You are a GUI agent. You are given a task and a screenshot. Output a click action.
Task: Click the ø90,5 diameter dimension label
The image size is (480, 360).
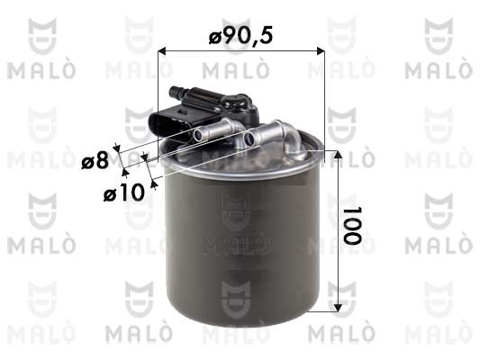[240, 35]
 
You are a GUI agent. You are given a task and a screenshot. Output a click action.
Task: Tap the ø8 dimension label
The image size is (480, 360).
[95, 160]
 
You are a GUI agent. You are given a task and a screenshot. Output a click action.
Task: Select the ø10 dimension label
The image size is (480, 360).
[124, 193]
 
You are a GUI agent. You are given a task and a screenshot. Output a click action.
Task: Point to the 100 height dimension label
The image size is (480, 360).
[352, 226]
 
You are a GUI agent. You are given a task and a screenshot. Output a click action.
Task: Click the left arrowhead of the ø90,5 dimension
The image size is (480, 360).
[161, 51]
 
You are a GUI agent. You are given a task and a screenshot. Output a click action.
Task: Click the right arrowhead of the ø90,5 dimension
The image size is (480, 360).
[321, 51]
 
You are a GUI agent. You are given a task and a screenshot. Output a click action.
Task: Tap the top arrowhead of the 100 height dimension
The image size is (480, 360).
[338, 155]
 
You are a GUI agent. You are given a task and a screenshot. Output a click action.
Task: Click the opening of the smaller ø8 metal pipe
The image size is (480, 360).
[198, 135]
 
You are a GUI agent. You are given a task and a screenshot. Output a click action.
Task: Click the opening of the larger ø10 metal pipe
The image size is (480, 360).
[249, 139]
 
